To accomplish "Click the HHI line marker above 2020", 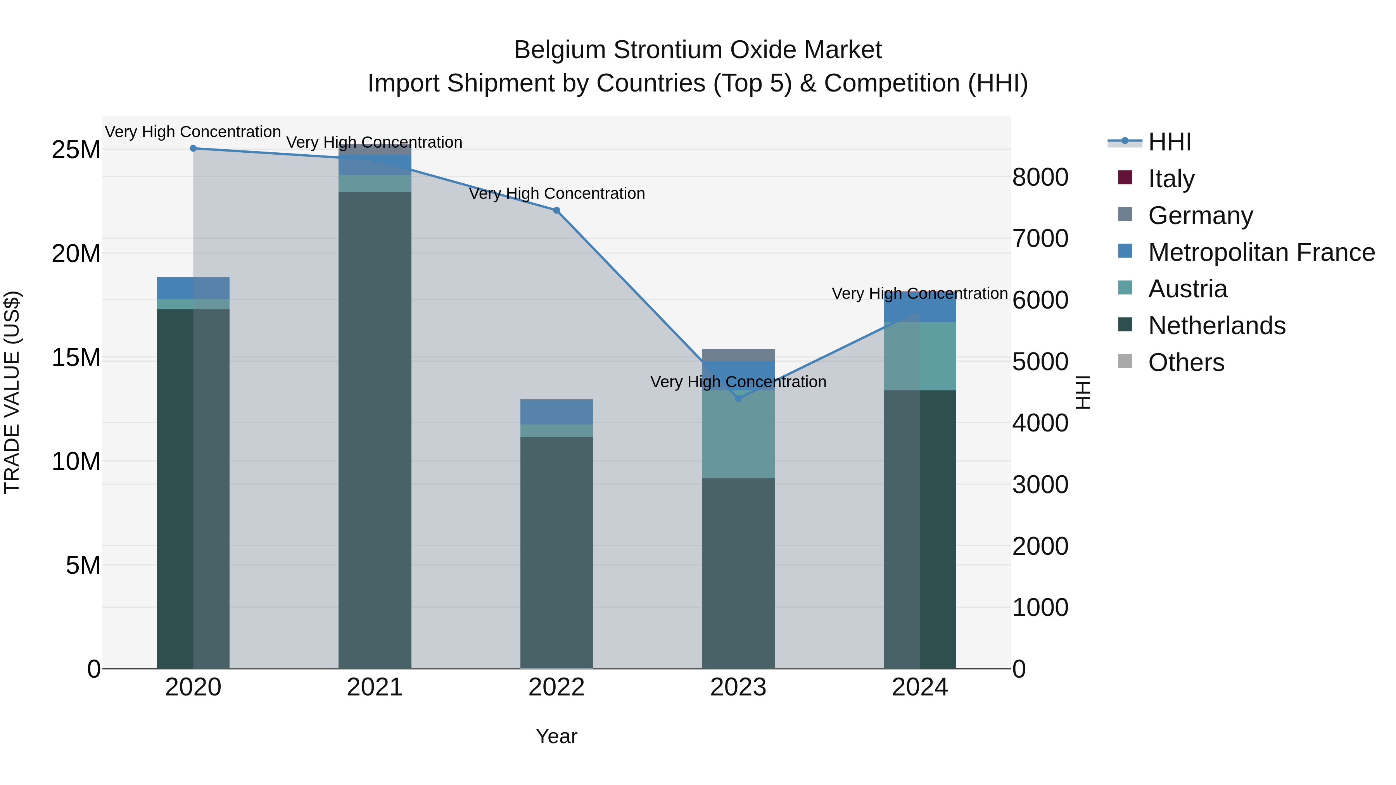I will coord(194,148).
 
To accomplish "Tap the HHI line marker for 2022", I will coord(556,210).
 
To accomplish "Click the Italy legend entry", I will coord(1171,178).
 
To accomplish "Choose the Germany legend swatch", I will coord(1125,214).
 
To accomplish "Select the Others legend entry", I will coord(1186,362).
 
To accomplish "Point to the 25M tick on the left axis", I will coord(76,150).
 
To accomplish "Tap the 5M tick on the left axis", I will coord(83,566).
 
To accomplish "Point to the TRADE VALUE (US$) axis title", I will coord(12,393).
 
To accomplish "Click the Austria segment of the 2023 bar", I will coord(738,433).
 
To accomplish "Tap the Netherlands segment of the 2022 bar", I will coord(556,552).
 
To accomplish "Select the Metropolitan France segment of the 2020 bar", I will coord(194,288).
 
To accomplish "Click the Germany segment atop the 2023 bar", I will coord(738,355).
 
